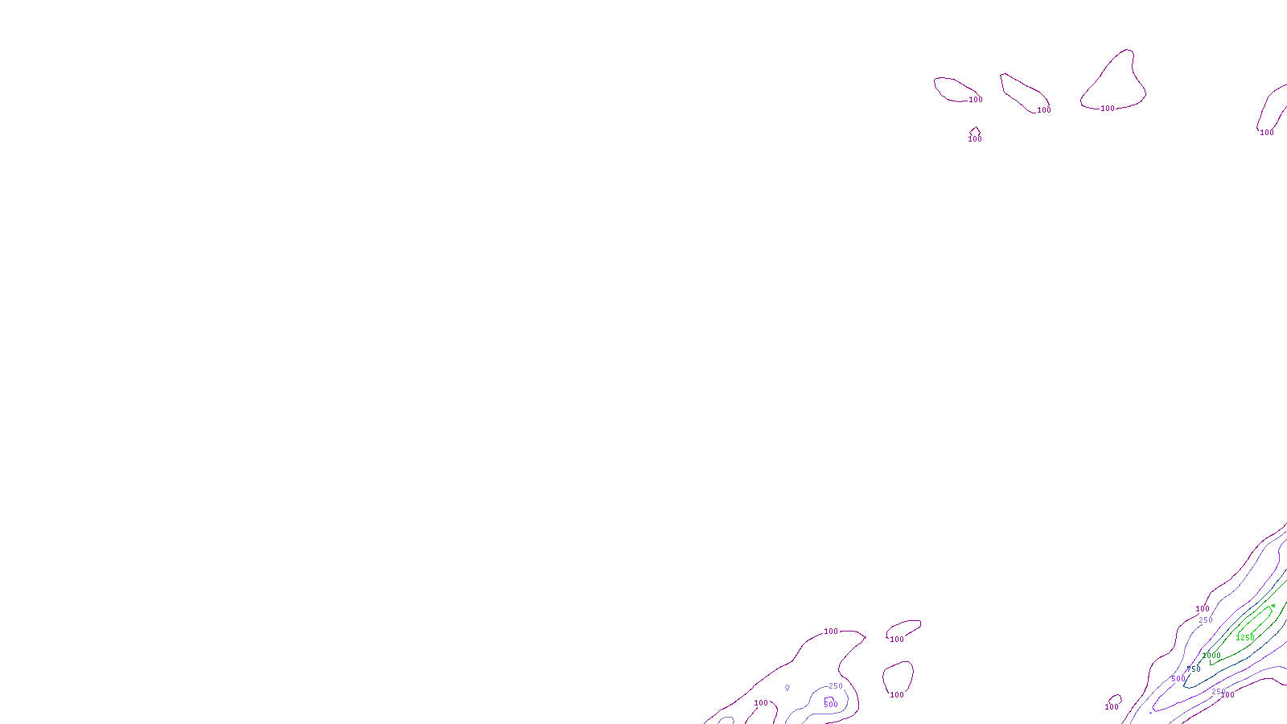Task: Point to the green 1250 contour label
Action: (x=1244, y=638)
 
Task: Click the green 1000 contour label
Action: (x=1211, y=656)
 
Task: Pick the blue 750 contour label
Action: (x=1194, y=669)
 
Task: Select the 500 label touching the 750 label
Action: (x=1178, y=679)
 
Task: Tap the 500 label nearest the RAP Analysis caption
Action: (x=831, y=705)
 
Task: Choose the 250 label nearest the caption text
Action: (x=836, y=686)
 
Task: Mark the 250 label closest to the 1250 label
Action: (x=1206, y=620)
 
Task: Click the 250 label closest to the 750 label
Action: (x=1219, y=692)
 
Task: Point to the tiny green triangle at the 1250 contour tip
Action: (x=1273, y=606)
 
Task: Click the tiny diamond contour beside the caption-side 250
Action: (x=787, y=688)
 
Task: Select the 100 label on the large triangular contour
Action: (x=1108, y=109)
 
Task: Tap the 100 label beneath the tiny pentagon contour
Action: (x=975, y=139)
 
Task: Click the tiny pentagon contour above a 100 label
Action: (x=975, y=130)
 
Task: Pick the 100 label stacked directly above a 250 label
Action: (x=1203, y=609)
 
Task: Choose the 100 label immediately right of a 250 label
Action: (x=1228, y=695)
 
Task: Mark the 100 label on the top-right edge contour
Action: (x=1267, y=133)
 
